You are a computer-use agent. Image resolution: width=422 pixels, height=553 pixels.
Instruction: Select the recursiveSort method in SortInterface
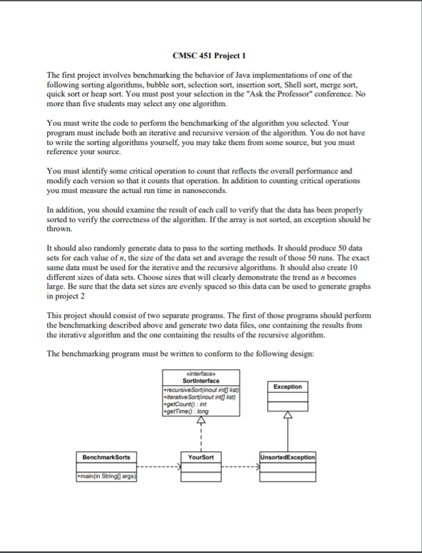[201, 390]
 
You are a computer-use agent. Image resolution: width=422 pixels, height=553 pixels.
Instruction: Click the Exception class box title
[287, 387]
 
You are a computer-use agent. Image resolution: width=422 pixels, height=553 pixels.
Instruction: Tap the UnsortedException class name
[287, 457]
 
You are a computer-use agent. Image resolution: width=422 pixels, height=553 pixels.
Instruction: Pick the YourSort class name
[201, 457]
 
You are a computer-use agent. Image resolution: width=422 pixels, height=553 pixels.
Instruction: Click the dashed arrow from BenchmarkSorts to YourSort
[161, 466]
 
